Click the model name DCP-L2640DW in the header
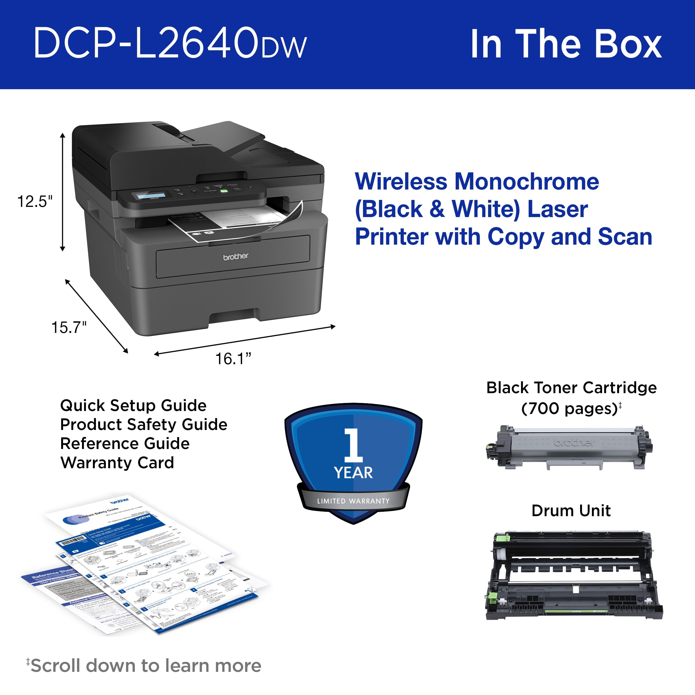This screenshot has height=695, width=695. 170,43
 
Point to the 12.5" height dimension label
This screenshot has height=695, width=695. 35,202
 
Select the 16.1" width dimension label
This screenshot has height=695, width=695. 233,359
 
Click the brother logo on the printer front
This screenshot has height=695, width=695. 236,256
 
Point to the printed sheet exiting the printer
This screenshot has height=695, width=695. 237,221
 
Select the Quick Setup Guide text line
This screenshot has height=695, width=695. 133,405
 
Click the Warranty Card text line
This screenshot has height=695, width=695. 117,463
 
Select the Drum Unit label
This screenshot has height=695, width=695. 571,510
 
